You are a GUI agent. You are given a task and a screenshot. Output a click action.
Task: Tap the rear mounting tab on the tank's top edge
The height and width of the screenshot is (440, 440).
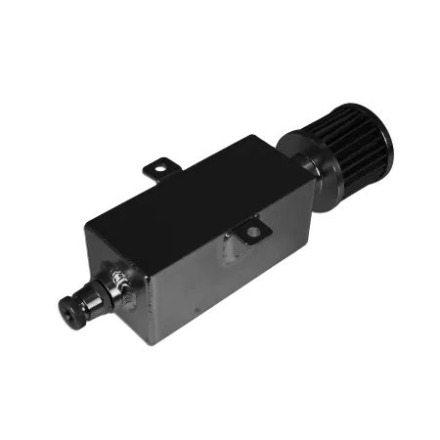click(x=160, y=171)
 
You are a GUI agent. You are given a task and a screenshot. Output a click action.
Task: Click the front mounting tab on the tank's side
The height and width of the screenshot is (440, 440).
click(x=249, y=234)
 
